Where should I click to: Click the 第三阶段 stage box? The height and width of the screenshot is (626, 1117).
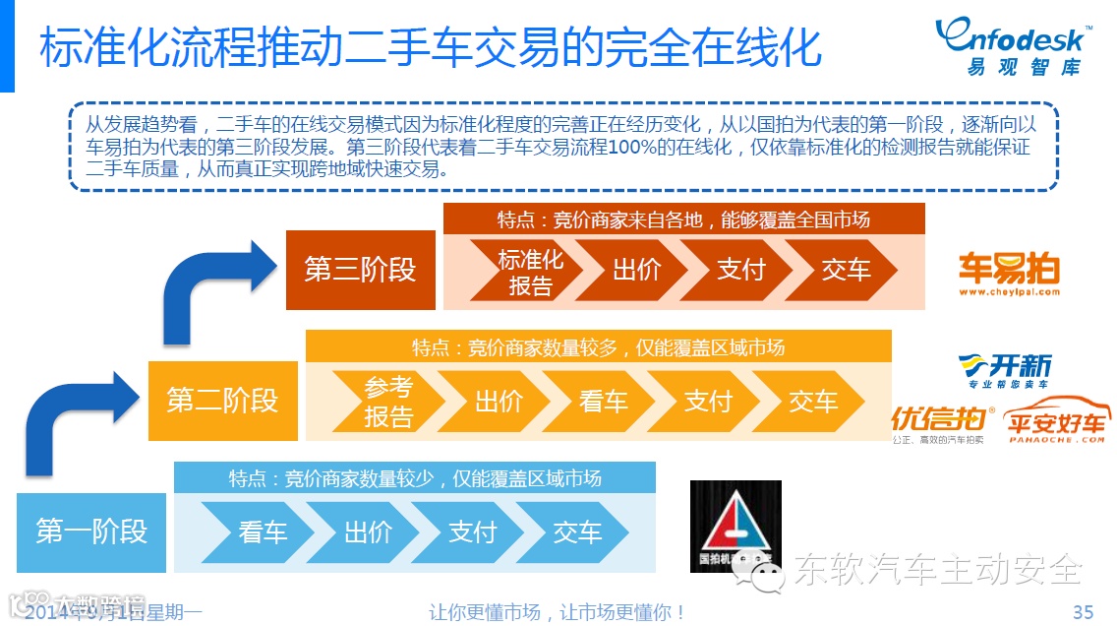tap(359, 269)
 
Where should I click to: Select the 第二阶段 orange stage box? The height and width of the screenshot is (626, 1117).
tap(222, 401)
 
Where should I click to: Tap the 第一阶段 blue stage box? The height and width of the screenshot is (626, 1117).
tap(91, 532)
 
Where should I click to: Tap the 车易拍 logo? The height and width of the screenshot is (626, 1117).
tap(1009, 273)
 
